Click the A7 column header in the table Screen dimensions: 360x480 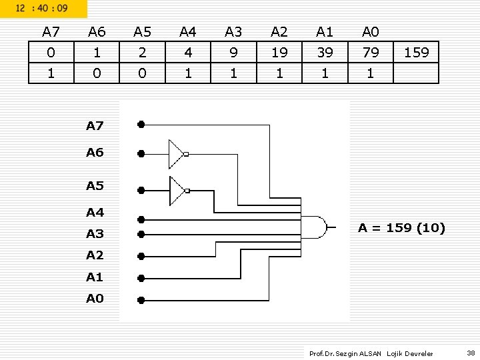click(51, 31)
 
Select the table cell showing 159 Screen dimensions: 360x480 click(417, 52)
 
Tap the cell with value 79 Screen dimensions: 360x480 click(370, 52)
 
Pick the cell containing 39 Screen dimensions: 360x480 click(325, 52)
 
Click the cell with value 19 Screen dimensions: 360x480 click(279, 52)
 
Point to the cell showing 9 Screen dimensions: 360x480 click(233, 52)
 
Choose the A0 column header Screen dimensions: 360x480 click(370, 31)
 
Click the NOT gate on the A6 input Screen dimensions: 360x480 click(178, 154)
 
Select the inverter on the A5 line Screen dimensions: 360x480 click(178, 191)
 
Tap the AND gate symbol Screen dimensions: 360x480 click(315, 227)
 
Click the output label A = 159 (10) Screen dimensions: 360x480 click(401, 228)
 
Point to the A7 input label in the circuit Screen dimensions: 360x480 click(95, 125)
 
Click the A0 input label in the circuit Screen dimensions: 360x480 click(95, 299)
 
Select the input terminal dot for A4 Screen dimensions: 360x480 click(141, 219)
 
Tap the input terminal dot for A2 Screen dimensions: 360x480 click(141, 255)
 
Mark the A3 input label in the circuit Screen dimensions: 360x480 click(95, 234)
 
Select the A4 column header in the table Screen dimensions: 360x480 click(188, 31)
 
